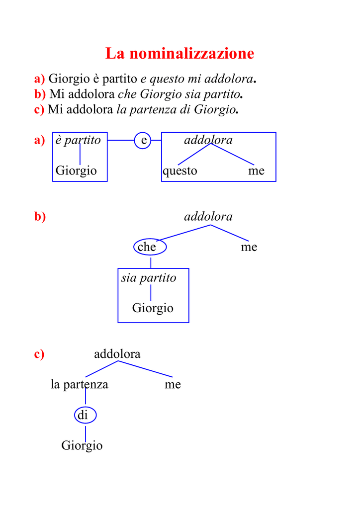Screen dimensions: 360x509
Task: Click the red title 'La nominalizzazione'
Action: point(180,53)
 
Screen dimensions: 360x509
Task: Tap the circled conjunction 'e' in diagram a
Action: point(143,141)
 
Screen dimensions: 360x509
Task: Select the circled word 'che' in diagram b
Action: point(150,247)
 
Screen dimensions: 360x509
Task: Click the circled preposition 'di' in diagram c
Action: point(86,415)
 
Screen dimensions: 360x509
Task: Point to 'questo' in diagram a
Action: point(180,171)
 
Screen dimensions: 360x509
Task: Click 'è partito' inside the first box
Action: point(78,140)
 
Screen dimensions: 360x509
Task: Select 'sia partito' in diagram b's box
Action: point(149,278)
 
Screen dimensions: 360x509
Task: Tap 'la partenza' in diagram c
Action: point(80,384)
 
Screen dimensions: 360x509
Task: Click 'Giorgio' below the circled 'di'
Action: point(82,445)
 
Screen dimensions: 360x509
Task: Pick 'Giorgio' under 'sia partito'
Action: point(153,308)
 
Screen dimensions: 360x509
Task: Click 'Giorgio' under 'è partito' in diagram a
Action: point(76,171)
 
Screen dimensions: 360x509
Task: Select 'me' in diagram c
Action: point(173,385)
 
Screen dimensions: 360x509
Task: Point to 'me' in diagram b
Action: point(249,248)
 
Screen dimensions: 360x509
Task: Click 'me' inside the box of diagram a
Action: point(256,171)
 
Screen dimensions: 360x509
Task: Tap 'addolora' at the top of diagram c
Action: point(117,354)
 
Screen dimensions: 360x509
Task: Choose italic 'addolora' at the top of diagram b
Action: point(208,217)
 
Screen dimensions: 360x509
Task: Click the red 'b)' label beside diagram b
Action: point(40,217)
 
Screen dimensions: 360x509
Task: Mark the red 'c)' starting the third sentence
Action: point(39,110)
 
